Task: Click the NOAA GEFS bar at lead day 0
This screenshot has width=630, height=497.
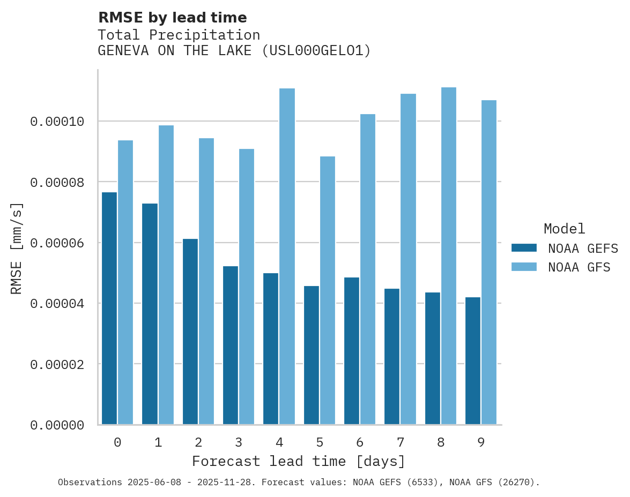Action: (x=109, y=308)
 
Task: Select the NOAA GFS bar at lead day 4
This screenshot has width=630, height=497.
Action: (x=287, y=257)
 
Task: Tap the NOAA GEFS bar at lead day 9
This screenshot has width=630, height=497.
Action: (x=473, y=361)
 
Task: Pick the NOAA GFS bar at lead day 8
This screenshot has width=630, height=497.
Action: (x=449, y=256)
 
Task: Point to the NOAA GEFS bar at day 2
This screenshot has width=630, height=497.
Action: (x=190, y=332)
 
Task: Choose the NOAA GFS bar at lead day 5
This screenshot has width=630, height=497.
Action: (x=328, y=290)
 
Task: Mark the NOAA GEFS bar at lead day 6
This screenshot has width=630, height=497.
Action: (x=352, y=351)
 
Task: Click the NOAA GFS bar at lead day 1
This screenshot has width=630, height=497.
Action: (x=166, y=275)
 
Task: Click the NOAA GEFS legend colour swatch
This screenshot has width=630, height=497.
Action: (x=524, y=248)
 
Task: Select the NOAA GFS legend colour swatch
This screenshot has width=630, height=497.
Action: (x=524, y=267)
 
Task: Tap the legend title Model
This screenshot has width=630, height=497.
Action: (x=564, y=229)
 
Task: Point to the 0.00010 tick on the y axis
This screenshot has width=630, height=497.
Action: (x=57, y=122)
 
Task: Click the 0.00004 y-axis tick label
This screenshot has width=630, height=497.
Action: (x=57, y=304)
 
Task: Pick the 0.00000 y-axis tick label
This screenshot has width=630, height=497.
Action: (x=57, y=425)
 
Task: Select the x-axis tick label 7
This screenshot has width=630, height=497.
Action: (x=401, y=442)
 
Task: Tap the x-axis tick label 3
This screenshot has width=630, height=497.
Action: (x=239, y=442)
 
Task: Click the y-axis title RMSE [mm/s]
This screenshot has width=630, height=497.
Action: (x=17, y=248)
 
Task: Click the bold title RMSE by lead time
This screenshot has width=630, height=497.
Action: (x=172, y=18)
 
